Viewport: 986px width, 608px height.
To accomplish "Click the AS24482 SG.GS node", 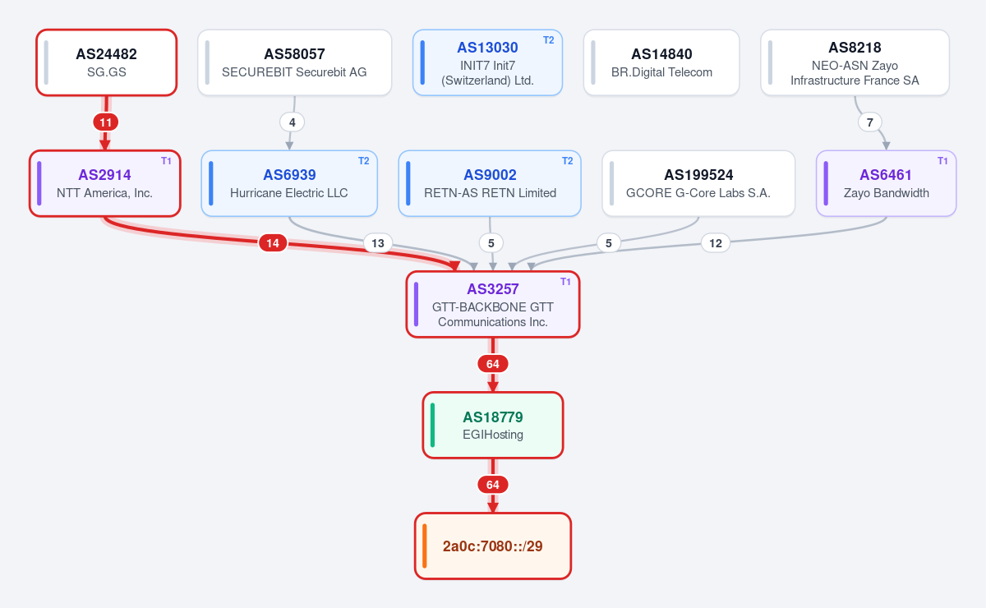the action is (107, 62).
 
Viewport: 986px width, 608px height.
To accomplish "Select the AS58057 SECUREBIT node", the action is (294, 62).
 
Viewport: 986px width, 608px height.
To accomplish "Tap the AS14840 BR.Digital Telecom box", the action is (661, 62).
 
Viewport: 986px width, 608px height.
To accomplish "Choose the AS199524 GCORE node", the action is (698, 183).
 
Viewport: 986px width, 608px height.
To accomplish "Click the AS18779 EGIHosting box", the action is (492, 426).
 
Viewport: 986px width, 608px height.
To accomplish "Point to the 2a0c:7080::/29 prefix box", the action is (492, 546).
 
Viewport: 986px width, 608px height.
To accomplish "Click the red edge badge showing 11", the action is (106, 122).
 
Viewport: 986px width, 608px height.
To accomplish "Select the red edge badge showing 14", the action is (273, 243).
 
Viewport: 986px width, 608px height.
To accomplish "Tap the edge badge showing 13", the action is (378, 243).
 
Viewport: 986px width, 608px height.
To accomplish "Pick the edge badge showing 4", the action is (292, 122).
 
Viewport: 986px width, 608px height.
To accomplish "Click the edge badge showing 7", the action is (870, 122).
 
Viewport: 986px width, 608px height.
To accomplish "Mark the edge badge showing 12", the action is (716, 243).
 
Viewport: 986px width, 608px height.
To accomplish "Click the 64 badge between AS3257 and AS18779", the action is (492, 364).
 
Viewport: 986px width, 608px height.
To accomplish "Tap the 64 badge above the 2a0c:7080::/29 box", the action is (492, 485).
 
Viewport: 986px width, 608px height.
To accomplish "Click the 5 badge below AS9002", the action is (491, 243).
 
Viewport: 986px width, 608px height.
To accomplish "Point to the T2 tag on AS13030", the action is (549, 40).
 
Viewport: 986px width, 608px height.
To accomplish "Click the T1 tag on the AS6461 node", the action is (942, 161).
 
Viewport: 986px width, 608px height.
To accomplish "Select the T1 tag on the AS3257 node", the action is (565, 282).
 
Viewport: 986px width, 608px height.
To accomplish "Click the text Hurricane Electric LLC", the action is (288, 193).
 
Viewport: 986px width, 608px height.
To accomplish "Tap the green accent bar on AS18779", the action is (433, 426).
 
